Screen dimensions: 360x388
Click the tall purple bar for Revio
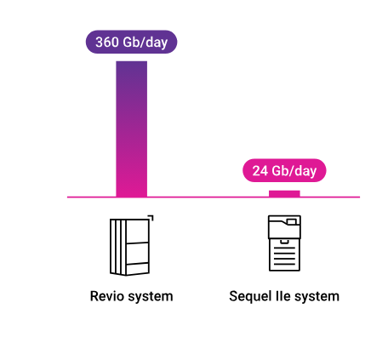(131, 128)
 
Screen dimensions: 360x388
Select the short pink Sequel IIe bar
(284, 193)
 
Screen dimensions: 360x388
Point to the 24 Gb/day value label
(284, 171)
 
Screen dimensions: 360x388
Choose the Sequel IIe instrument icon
(284, 243)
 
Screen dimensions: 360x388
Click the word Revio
(107, 297)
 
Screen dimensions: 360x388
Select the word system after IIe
(317, 297)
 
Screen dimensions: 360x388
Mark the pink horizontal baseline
(213, 197)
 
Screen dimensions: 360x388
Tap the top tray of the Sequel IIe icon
(284, 224)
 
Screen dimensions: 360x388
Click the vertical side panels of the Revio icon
(117, 246)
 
